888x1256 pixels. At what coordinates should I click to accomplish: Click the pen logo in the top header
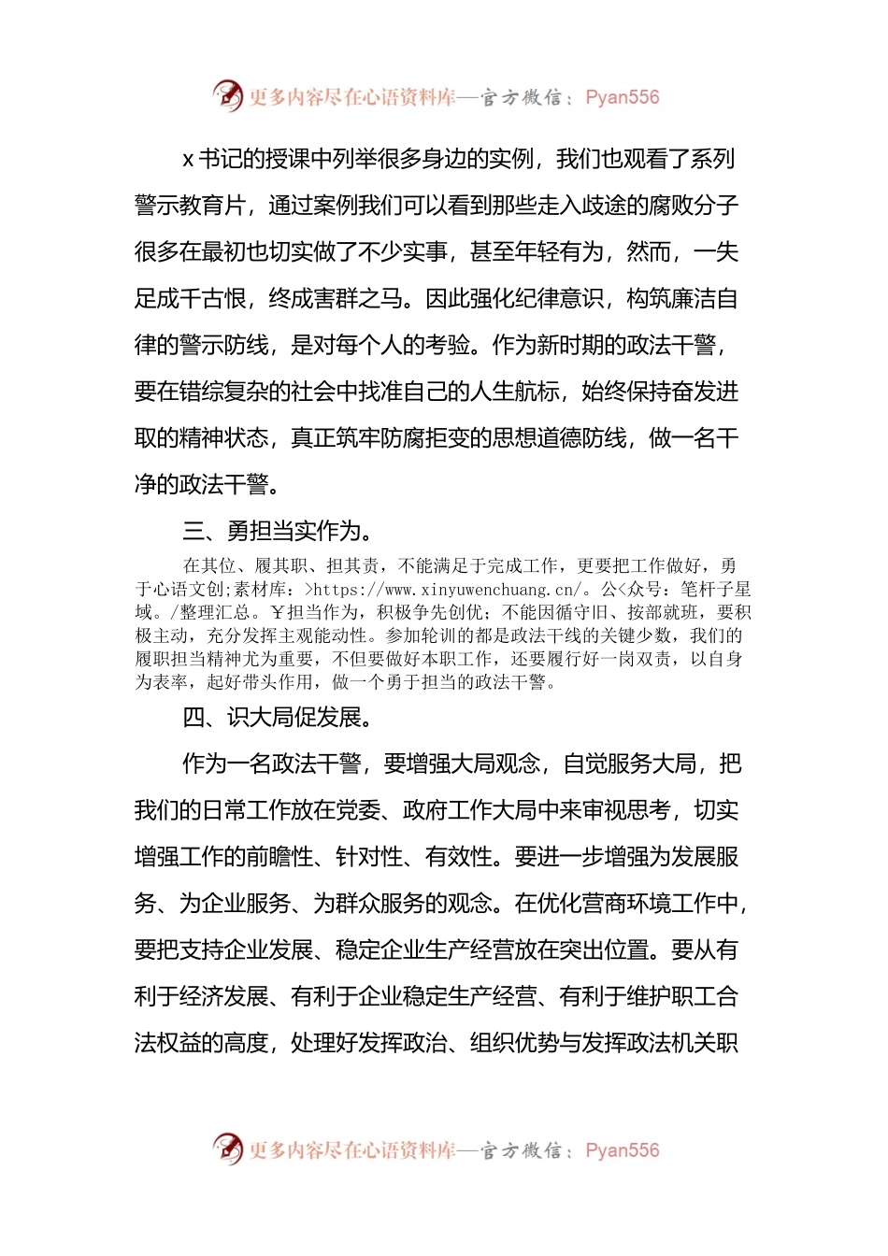click(x=227, y=95)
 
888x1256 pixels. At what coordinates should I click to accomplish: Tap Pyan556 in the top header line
click(x=622, y=97)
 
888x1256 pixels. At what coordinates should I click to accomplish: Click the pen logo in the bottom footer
click(x=227, y=1149)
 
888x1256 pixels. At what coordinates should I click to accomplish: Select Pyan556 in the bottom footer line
click(x=622, y=1150)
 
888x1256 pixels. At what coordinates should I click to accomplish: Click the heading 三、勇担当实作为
click(x=279, y=531)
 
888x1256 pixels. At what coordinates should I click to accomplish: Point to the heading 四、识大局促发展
click(x=279, y=717)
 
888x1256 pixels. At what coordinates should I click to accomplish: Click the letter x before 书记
click(x=188, y=160)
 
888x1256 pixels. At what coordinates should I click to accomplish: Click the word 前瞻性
click(x=280, y=856)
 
